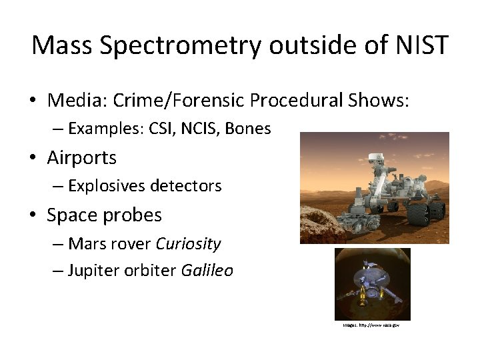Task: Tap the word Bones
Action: point(248,129)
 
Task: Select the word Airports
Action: point(81,158)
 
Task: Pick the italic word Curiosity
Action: point(188,244)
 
